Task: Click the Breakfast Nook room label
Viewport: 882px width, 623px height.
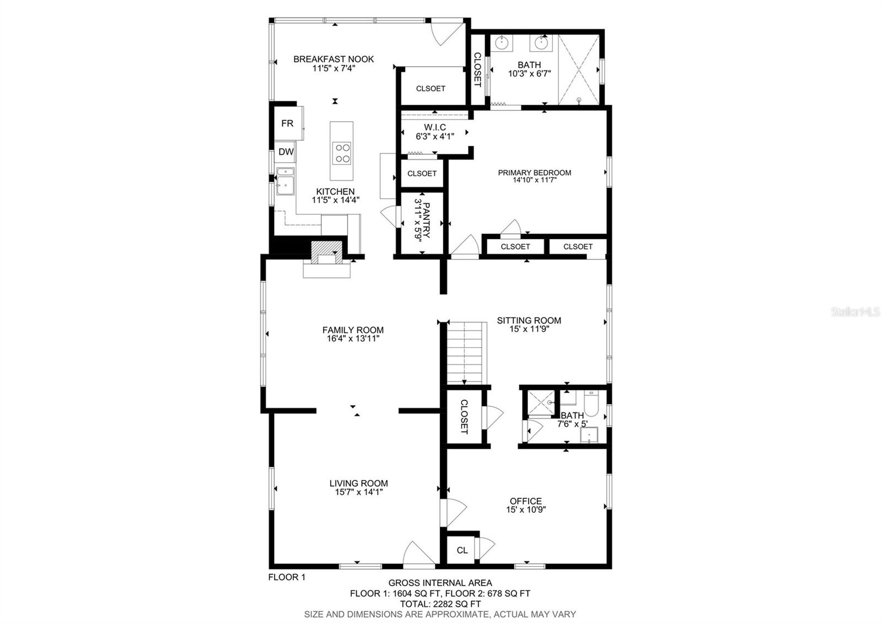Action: pos(334,59)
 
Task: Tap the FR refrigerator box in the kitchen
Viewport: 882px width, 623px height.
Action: pos(288,123)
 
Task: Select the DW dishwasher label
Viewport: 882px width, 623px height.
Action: pos(286,152)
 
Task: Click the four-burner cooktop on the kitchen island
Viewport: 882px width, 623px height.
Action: pos(341,153)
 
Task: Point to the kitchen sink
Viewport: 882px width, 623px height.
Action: pos(285,181)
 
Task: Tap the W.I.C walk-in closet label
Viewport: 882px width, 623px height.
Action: pos(435,127)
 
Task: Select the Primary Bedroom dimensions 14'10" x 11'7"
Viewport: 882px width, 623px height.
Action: pos(534,180)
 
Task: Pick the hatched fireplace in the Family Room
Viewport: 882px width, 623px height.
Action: pos(326,253)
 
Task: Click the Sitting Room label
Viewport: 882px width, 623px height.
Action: pos(529,320)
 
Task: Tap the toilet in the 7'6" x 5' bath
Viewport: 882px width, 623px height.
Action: pos(591,403)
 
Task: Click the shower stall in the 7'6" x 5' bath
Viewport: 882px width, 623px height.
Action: pos(541,402)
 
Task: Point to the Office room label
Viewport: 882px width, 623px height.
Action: pos(526,501)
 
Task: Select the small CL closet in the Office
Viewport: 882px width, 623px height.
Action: pos(462,550)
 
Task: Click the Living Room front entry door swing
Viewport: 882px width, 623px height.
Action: pos(419,554)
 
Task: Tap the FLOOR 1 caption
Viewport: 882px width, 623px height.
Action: pos(287,577)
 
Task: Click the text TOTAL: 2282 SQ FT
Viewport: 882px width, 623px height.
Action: pos(440,604)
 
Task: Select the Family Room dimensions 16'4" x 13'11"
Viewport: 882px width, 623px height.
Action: pos(353,339)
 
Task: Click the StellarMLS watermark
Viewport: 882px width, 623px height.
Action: pos(855,312)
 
